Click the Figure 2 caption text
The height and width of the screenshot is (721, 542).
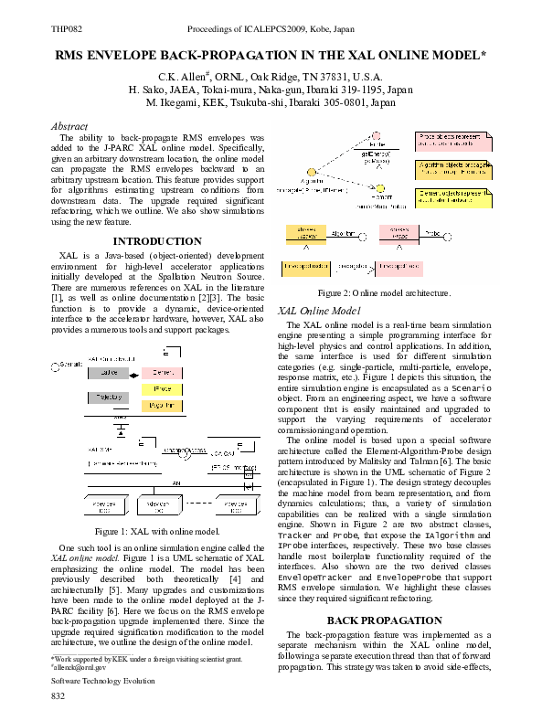click(383, 293)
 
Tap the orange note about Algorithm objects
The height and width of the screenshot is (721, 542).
click(453, 168)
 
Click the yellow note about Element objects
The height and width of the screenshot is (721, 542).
click(453, 196)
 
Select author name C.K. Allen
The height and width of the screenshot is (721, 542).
click(186, 77)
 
